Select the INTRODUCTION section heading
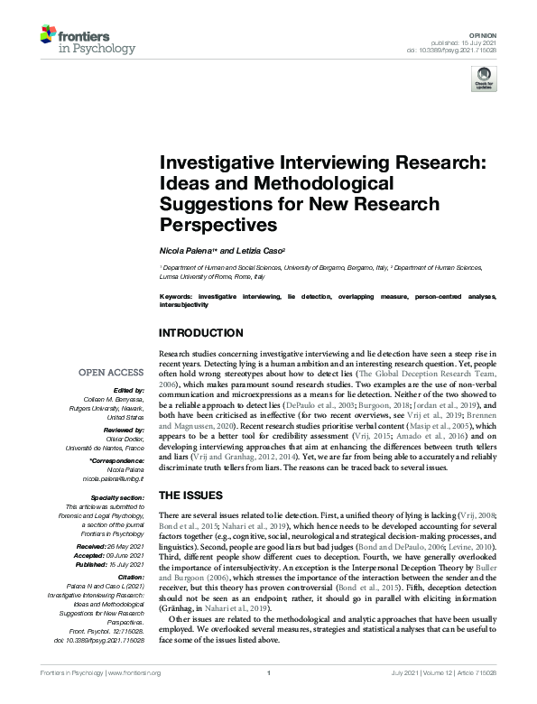[201, 333]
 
